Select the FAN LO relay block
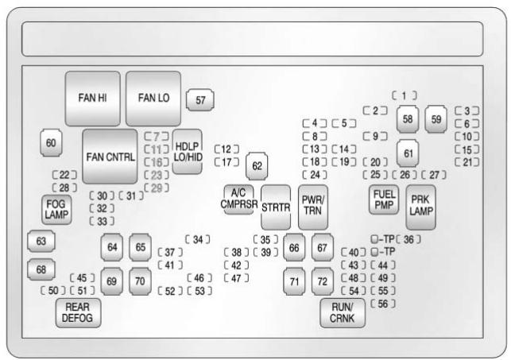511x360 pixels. point(153,99)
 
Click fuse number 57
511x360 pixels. point(200,100)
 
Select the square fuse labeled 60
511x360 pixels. point(52,143)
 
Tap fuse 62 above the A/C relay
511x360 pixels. point(257,166)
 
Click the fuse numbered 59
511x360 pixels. point(436,118)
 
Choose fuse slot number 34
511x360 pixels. point(197,238)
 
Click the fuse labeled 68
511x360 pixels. point(41,269)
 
